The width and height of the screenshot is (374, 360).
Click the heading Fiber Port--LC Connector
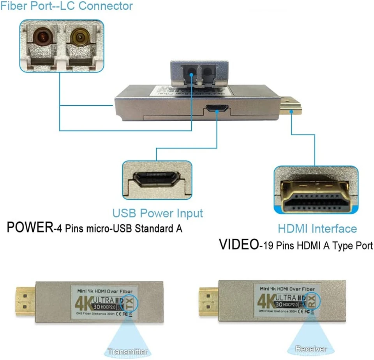(66, 6)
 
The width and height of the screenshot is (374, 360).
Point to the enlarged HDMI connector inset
(316, 191)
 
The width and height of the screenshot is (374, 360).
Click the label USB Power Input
(157, 213)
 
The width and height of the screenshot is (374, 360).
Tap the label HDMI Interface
(317, 229)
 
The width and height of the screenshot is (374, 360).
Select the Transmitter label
(128, 351)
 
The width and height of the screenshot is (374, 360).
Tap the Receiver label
(311, 349)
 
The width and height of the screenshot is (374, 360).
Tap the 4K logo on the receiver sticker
(266, 301)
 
